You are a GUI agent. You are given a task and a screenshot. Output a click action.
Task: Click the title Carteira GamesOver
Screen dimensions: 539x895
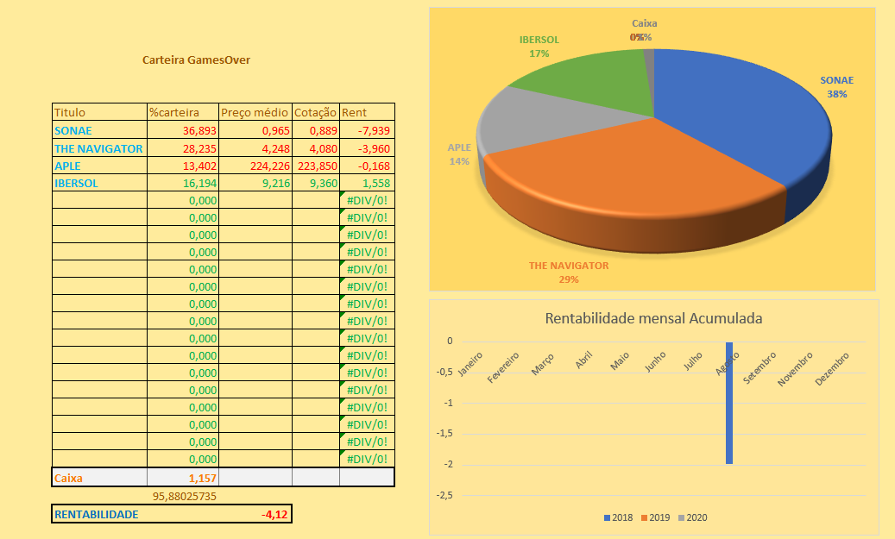pos(196,60)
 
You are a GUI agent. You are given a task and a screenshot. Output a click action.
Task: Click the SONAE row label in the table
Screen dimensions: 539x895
pos(73,131)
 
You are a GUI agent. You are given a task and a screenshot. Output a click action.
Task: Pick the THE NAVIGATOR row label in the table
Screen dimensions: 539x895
pos(98,148)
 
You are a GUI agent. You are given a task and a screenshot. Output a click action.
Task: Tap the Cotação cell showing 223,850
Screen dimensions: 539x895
pos(316,166)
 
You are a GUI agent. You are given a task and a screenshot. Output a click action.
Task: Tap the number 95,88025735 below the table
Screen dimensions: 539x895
pos(184,496)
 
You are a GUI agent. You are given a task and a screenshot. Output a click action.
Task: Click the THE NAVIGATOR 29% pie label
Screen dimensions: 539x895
pos(569,272)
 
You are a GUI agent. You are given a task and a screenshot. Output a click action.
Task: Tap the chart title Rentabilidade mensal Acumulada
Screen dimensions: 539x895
pos(653,318)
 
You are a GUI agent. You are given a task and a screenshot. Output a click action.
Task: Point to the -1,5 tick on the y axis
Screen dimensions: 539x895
pos(444,434)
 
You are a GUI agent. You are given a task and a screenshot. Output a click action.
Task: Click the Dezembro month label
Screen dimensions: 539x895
pos(834,360)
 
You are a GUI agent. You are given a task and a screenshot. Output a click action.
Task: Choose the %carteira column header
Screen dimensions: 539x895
pos(174,113)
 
